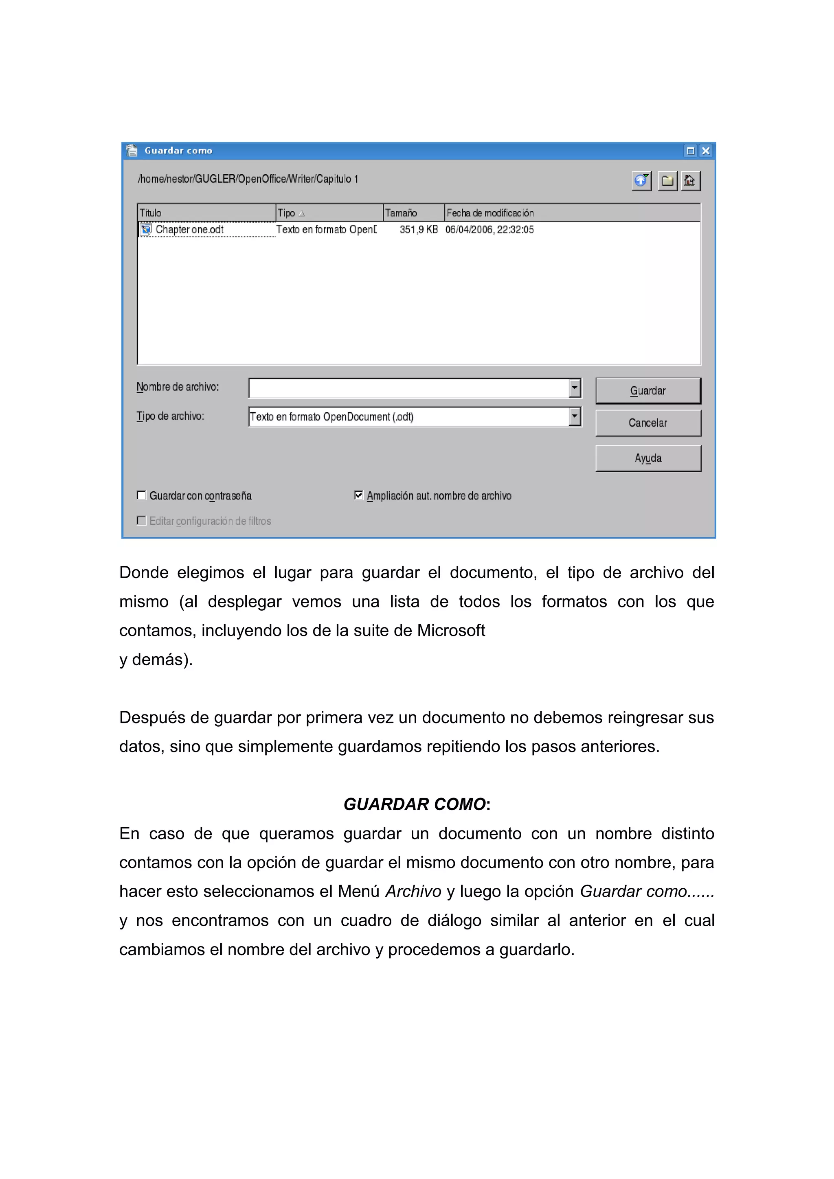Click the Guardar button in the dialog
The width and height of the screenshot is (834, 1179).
pos(647,391)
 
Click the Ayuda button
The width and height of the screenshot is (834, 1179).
pos(647,458)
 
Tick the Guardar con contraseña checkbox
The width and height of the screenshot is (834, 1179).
pos(142,495)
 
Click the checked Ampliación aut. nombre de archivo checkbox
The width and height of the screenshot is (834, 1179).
pos(358,495)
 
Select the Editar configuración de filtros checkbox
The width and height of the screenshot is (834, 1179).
pos(142,521)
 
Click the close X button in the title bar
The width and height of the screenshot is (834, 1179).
pos(706,151)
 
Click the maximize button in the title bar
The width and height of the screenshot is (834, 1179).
pos(690,151)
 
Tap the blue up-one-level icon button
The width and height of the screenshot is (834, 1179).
pos(641,181)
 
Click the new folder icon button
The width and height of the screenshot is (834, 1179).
pos(667,181)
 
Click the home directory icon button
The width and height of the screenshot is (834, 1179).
pos(690,181)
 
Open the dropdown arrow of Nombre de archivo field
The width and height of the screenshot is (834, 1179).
pos(575,388)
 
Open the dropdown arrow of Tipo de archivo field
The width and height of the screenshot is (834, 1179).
pos(575,416)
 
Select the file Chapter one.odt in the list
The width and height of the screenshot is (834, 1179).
pos(189,230)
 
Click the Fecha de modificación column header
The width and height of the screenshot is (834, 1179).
pos(490,213)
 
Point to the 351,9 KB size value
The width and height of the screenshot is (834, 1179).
pos(419,230)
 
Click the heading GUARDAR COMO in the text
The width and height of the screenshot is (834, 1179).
pos(415,804)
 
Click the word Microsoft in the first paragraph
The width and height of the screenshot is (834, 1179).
pos(451,631)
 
